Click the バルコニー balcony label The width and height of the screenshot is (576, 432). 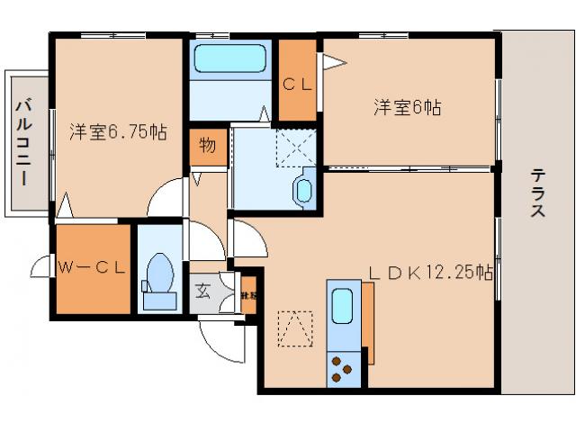pos(22,141)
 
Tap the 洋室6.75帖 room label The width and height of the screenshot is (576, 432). pos(118,132)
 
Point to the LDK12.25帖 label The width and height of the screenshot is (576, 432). pos(433,270)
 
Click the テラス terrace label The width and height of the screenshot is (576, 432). pos(537,193)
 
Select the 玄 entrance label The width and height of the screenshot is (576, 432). pos(202,292)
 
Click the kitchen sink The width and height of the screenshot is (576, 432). pos(343,306)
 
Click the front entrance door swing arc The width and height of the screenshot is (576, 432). pos(216,342)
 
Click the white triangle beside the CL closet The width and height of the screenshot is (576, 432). pos(333,63)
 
